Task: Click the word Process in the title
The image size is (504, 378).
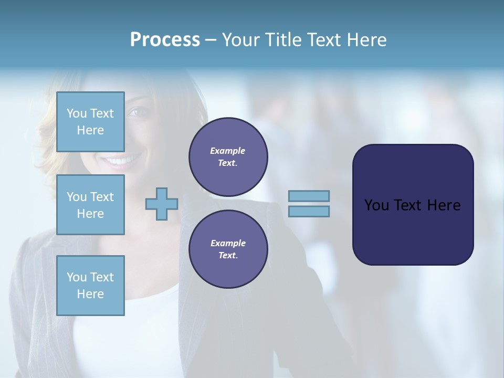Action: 165,40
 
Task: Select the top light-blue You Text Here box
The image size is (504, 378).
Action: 90,122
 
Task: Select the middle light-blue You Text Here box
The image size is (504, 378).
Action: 90,205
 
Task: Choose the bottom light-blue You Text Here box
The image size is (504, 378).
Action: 90,286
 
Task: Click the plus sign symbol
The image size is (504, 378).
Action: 161,204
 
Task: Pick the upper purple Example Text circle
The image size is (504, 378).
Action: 228,156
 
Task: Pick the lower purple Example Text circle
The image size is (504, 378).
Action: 228,249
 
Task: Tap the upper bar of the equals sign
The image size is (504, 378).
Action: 309,196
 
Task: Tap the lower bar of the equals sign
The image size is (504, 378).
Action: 309,211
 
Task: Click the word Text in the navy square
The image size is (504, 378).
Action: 408,205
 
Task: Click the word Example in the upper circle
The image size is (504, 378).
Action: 227,151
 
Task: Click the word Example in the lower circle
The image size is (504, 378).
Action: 227,243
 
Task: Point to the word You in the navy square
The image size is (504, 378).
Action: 376,205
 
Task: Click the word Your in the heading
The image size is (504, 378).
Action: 241,40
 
